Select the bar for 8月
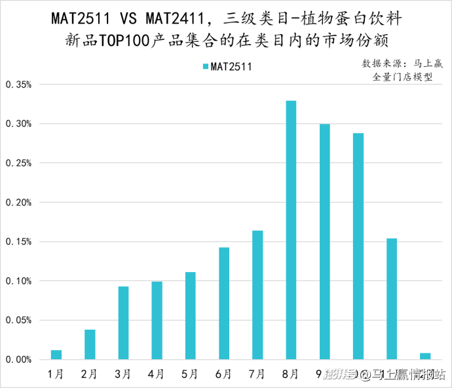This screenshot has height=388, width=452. click(291, 230)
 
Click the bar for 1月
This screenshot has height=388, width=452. click(56, 355)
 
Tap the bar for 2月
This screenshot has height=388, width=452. click(90, 344)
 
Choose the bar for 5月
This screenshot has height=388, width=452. click(191, 315)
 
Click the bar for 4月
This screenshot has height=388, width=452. click(157, 320)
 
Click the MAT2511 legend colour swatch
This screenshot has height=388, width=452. click(205, 66)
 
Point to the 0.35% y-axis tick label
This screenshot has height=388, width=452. click(18, 85)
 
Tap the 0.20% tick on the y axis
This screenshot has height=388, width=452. click(18, 203)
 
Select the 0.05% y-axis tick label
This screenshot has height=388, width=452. click(18, 320)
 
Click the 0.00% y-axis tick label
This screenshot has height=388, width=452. click(18, 360)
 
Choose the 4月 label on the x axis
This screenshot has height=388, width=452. click(156, 374)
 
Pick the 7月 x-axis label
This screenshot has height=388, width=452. click(257, 374)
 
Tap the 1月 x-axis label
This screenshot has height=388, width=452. click(56, 374)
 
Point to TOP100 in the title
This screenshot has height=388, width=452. click(124, 40)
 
